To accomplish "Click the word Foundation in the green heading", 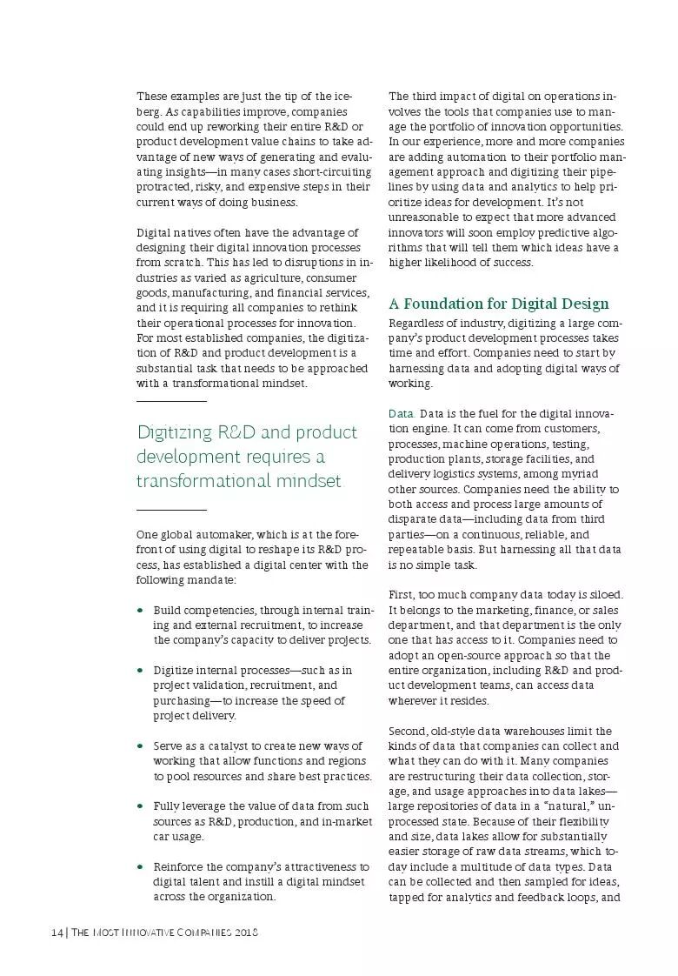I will tap(453, 304).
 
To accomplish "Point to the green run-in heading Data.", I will tap(402, 413).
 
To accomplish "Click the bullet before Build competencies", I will tap(140, 611).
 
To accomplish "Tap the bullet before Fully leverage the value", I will tap(140, 806).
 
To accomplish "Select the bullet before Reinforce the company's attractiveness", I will tap(140, 867).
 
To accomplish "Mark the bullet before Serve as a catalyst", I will tap(140, 746).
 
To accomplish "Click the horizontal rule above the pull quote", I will tap(171, 401).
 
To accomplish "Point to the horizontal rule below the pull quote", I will tap(171, 509).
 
